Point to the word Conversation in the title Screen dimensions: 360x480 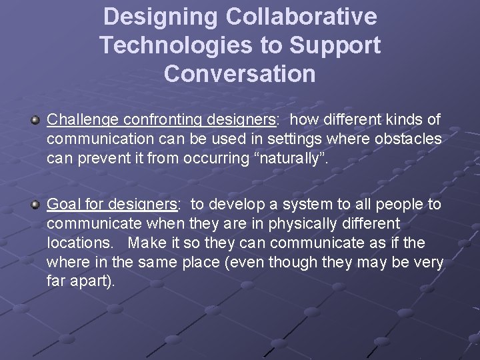pos(240,74)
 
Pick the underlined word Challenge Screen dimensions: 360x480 pos(79,119)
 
